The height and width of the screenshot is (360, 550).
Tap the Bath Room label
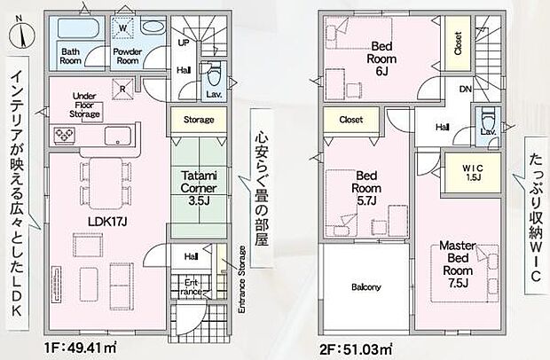click(x=71, y=57)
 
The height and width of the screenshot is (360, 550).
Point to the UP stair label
click(x=184, y=42)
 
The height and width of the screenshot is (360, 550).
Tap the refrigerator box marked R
click(x=122, y=87)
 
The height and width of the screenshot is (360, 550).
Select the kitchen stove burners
click(x=67, y=135)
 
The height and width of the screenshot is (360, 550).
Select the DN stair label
click(x=464, y=90)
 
